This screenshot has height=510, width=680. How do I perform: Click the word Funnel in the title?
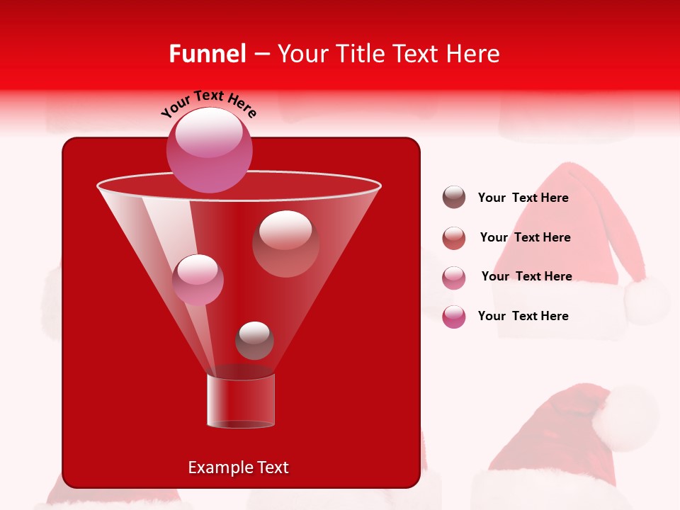207,54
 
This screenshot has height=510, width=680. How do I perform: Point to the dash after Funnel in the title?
261,55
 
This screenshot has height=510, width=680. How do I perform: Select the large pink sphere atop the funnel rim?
209,149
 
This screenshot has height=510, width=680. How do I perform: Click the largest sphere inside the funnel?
285,243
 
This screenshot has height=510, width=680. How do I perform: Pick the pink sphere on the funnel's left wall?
198,279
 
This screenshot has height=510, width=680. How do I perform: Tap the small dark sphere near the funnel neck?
254,340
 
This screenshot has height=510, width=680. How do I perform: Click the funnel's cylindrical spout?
240,401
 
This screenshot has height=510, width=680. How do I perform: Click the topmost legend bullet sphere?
454,198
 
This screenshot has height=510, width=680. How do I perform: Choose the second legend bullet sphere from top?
454,238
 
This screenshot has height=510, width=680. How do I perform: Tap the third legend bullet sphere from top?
454,277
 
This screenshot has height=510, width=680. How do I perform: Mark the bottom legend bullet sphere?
454,317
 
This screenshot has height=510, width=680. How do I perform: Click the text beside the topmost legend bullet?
523,198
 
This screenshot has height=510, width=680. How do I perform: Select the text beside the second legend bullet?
525,237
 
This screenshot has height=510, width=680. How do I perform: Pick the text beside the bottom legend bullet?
523,316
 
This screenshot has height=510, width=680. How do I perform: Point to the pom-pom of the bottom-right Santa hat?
624,419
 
